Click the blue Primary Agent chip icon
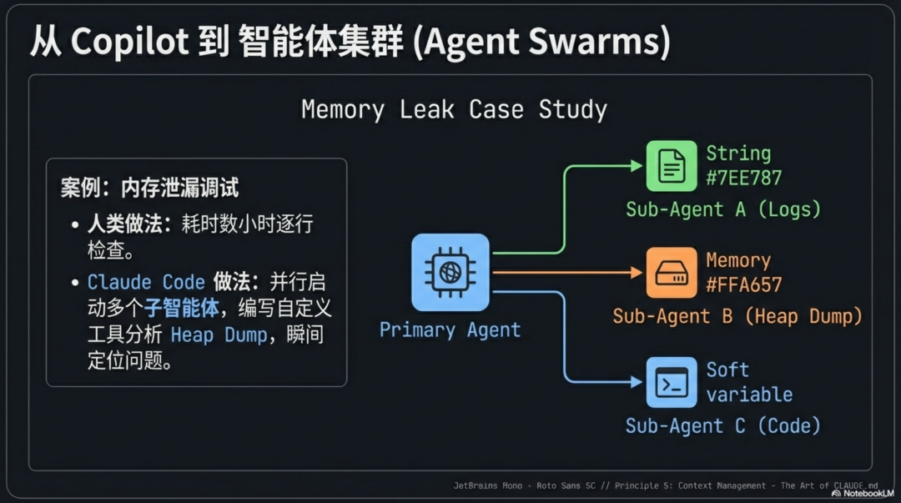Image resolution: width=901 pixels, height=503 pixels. [x=450, y=272]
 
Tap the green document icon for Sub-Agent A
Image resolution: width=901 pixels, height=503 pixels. [x=671, y=166]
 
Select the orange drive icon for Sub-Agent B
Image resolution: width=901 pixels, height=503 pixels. [x=671, y=273]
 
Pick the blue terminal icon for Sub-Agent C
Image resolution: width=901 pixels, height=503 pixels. [x=671, y=382]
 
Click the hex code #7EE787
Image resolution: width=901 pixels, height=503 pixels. [x=743, y=177]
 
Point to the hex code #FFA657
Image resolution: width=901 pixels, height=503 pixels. [x=743, y=284]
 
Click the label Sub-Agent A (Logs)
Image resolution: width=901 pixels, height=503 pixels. [x=722, y=209]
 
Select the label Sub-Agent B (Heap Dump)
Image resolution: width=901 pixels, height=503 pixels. [x=737, y=316]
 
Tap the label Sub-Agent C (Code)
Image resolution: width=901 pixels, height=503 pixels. [x=722, y=426]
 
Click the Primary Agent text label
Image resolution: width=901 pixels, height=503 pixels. [x=450, y=329]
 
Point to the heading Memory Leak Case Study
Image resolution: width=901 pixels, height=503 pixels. [x=454, y=109]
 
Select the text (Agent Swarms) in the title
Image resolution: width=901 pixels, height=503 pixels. [x=541, y=42]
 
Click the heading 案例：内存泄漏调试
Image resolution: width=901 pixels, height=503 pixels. [x=149, y=188]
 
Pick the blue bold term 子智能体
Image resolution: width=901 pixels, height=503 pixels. [x=181, y=308]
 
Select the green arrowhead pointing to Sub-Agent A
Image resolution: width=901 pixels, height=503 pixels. [x=636, y=166]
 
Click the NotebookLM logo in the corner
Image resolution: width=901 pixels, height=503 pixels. [x=863, y=493]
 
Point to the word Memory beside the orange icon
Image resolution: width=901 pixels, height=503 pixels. [x=738, y=260]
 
